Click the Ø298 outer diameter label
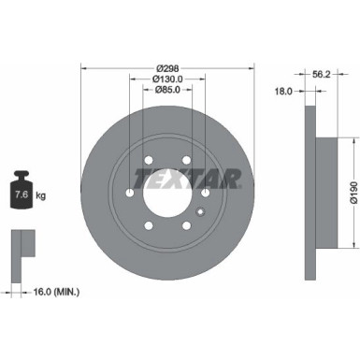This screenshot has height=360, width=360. click(166, 69)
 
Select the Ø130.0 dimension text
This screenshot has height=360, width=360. click(166, 79)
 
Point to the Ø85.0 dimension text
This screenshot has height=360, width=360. click(166, 91)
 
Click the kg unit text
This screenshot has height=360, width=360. click(42, 195)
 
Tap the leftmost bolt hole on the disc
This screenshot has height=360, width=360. click(128, 193)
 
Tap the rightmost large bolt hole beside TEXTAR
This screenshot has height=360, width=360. click(204, 193)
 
